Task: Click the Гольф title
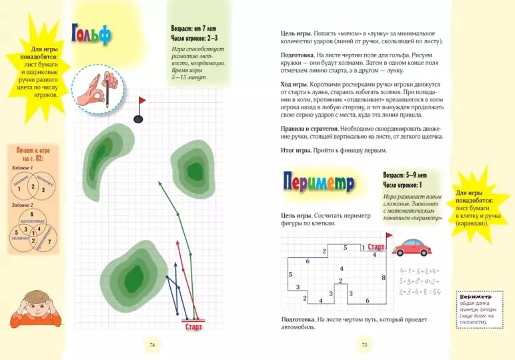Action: [91, 34]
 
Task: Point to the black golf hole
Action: [139, 119]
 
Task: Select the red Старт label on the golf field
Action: [193, 327]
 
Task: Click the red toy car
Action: [409, 249]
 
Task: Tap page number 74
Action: [152, 345]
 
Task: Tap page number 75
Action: [365, 345]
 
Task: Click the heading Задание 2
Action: [23, 205]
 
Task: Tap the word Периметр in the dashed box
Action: [475, 296]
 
